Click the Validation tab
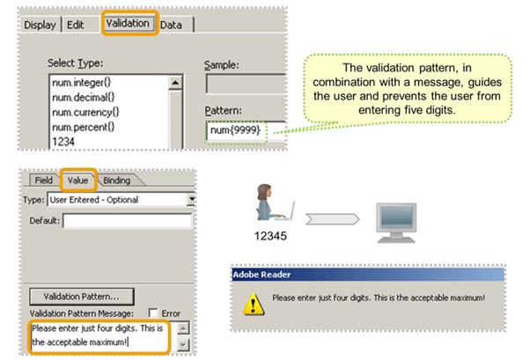[x=128, y=24]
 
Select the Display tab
[x=40, y=26]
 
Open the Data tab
[x=172, y=26]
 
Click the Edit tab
[x=76, y=26]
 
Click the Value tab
[x=77, y=180]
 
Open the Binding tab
[x=117, y=180]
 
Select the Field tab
[x=43, y=180]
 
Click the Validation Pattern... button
[x=82, y=297]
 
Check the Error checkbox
[x=154, y=312]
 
